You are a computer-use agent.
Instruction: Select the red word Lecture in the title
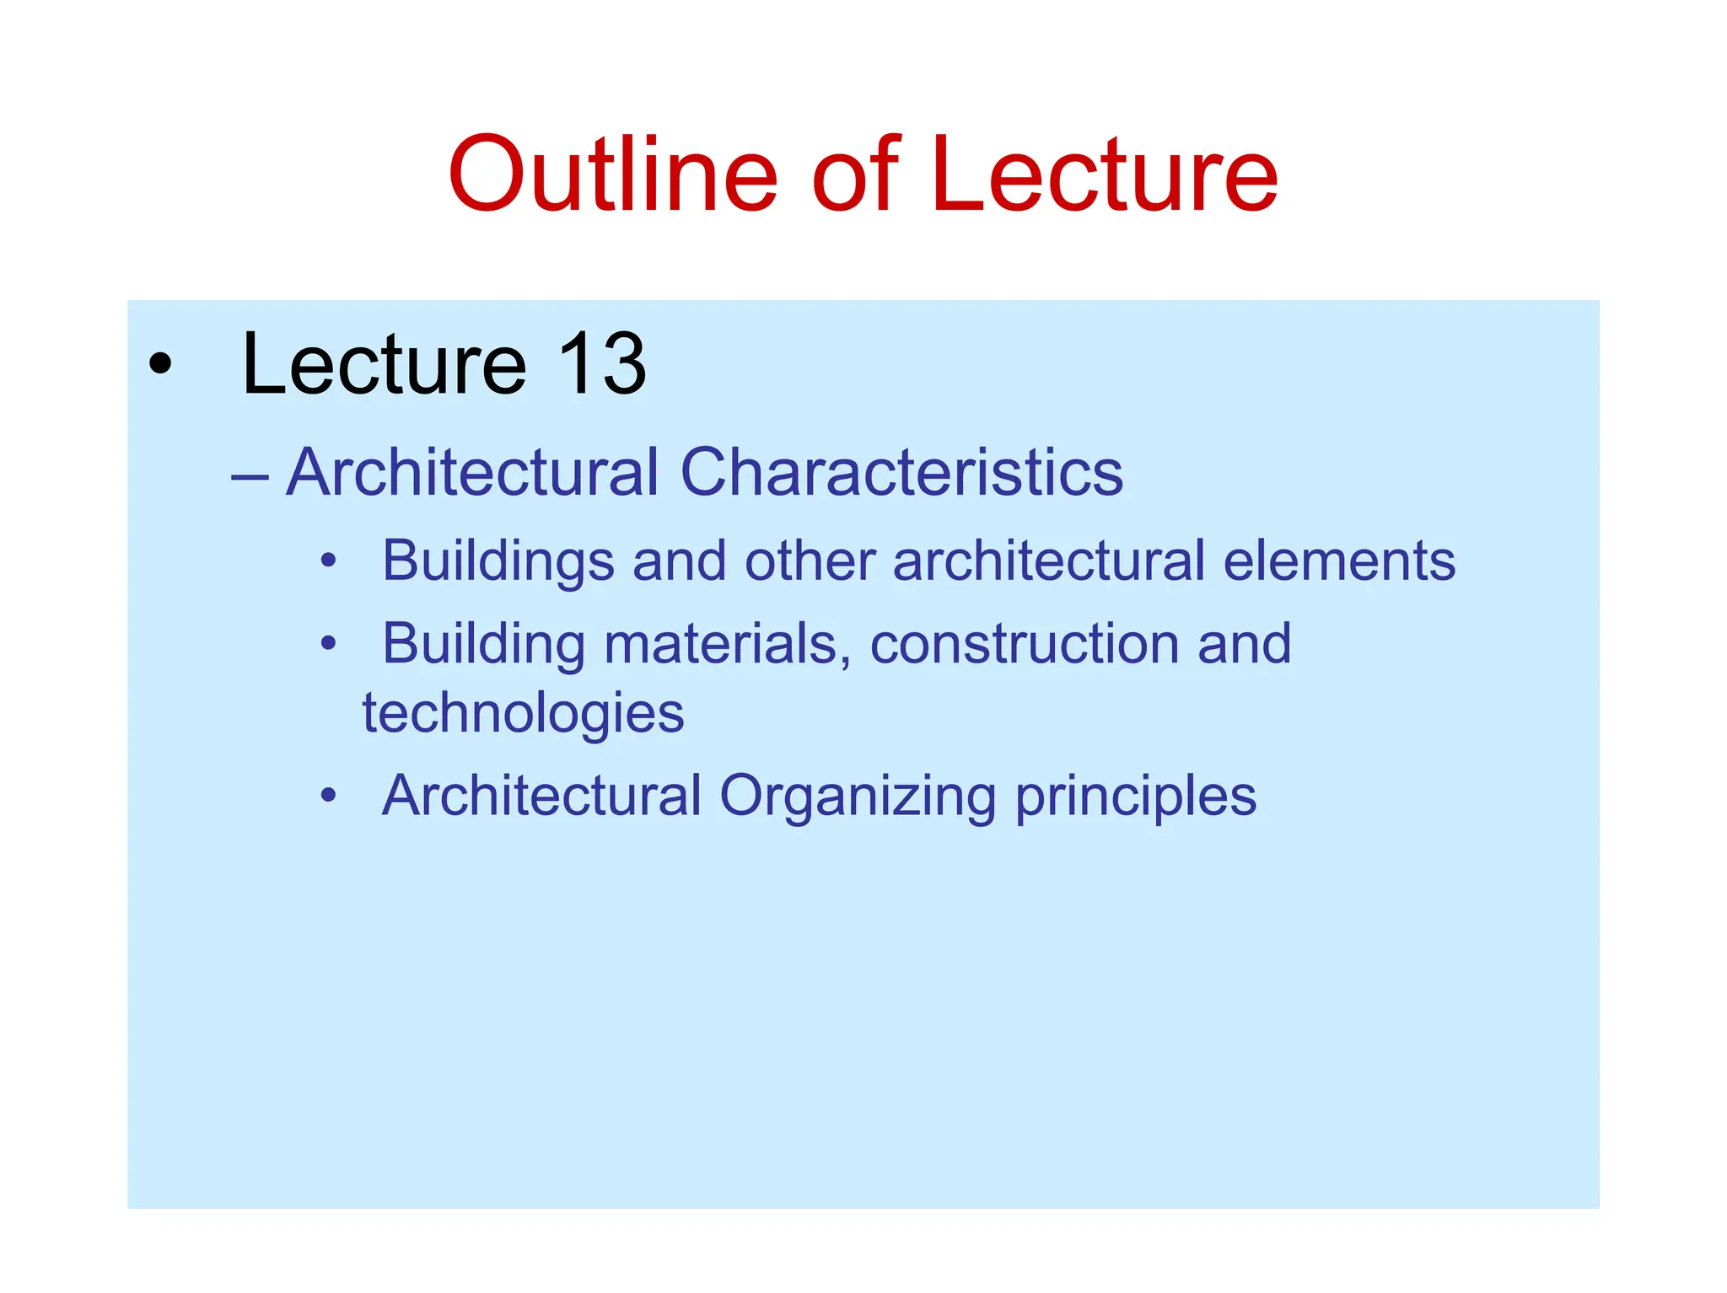pos(1105,175)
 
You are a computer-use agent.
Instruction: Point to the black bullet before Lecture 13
pos(159,365)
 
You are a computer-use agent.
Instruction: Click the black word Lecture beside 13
pos(384,364)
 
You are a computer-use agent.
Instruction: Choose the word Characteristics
pos(901,472)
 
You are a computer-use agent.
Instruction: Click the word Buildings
pos(498,561)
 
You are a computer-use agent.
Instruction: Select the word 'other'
pos(810,561)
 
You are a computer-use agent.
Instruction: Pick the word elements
pos(1339,561)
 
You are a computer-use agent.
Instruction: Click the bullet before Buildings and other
pos(329,561)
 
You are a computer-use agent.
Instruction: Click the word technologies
pos(523,713)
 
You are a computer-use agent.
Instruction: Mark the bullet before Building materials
pos(329,644)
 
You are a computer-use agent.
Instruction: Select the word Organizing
pos(858,797)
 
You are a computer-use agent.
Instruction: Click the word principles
pos(1135,797)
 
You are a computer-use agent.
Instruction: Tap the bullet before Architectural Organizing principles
pos(329,795)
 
